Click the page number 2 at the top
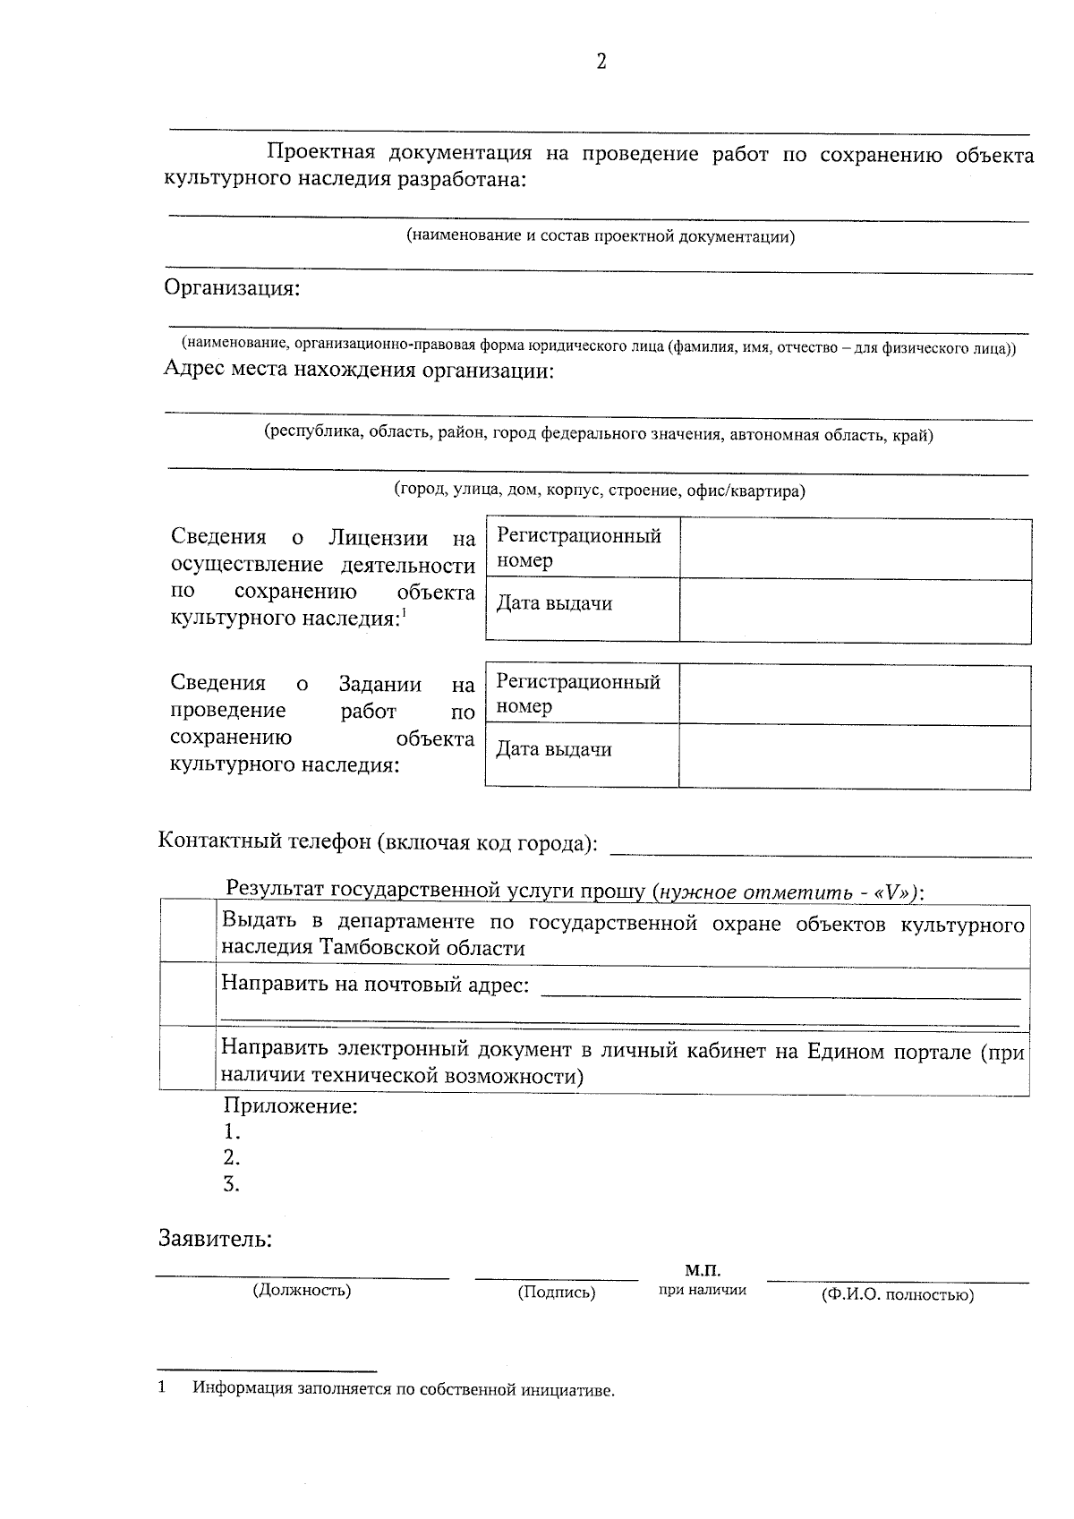tap(601, 62)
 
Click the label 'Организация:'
tap(232, 289)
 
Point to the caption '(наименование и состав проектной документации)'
tap(601, 236)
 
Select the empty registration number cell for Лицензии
tap(855, 549)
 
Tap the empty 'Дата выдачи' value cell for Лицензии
tap(855, 610)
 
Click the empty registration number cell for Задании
tap(855, 694)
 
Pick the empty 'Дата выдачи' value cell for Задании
tap(855, 756)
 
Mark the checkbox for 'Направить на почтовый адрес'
tap(188, 994)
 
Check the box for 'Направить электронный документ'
tap(188, 1058)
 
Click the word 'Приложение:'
tap(290, 1106)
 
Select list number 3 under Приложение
tap(231, 1184)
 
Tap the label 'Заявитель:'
tap(215, 1240)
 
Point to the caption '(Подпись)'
tap(556, 1292)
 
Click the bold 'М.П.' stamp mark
tap(703, 1270)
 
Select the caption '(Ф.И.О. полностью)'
tap(897, 1294)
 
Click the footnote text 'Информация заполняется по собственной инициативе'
tap(404, 1390)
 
